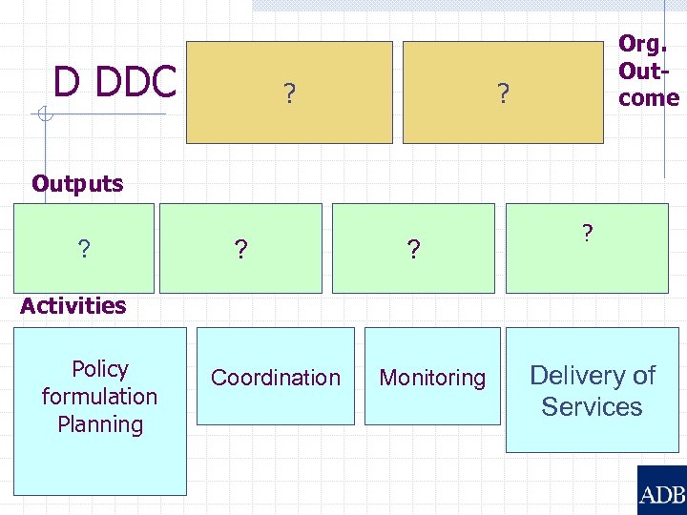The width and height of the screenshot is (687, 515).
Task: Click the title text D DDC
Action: (x=114, y=82)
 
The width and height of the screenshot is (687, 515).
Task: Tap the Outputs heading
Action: (x=77, y=183)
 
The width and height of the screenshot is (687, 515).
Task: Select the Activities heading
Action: (x=73, y=305)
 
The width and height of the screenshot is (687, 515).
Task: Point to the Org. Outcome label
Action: (x=648, y=71)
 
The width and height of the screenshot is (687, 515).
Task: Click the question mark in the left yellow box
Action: (x=288, y=93)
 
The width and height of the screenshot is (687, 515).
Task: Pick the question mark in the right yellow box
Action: (x=502, y=93)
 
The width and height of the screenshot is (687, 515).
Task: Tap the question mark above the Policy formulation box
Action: (x=84, y=249)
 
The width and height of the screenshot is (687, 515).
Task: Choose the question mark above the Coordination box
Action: (x=241, y=249)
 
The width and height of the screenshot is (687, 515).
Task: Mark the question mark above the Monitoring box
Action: (x=412, y=249)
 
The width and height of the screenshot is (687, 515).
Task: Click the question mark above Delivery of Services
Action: (x=588, y=232)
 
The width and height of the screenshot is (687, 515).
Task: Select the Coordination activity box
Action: (x=276, y=377)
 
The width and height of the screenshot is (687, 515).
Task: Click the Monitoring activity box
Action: (x=432, y=377)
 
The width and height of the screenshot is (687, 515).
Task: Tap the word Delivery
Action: (x=593, y=376)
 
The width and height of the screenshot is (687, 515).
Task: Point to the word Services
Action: (x=592, y=406)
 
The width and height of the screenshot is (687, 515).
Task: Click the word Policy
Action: (x=100, y=369)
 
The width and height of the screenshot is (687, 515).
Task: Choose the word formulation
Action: (x=99, y=396)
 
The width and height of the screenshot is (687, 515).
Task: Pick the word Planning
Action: (x=100, y=423)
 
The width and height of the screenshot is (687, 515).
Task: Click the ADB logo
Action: (x=661, y=492)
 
